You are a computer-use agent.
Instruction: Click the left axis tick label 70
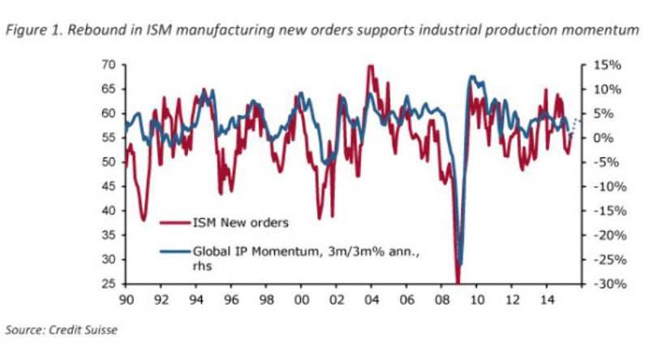(x=109, y=64)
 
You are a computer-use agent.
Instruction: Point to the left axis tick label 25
(x=109, y=284)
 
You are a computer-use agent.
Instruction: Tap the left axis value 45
(x=109, y=186)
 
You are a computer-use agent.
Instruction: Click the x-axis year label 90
(x=126, y=298)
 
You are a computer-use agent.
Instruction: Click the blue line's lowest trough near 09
(x=460, y=264)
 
